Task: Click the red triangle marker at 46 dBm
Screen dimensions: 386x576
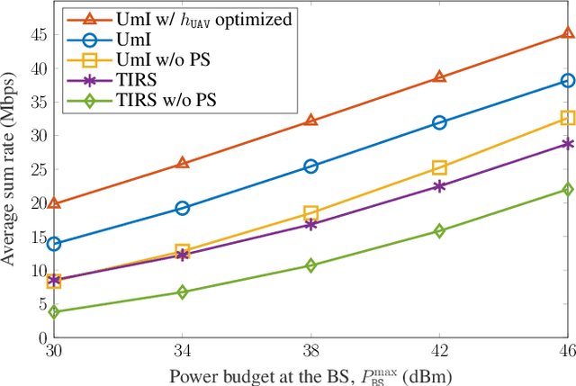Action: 568,33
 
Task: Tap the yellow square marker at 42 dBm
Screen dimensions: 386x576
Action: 439,167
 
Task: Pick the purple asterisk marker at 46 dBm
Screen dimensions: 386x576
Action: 568,143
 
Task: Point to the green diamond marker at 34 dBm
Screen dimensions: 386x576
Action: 182,292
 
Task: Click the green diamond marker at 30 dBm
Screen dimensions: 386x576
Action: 54,312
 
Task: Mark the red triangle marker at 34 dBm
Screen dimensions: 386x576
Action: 182,163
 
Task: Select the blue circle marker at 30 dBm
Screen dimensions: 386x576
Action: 54,244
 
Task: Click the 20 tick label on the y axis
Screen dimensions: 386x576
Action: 36,202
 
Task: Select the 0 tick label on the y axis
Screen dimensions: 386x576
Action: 40,337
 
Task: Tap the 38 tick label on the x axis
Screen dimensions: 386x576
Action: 310,351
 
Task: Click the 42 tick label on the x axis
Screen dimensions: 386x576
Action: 439,351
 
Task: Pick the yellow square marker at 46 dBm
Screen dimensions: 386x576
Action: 568,118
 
